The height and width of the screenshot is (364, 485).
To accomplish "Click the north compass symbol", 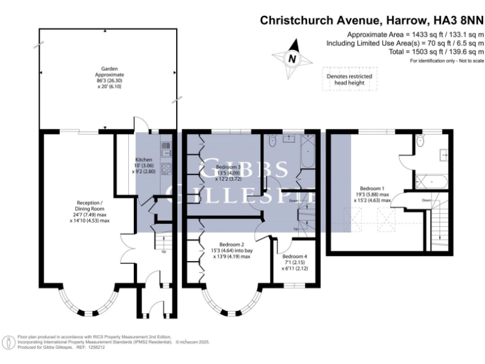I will point(292,58).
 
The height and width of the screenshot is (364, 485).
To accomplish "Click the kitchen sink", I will point(167,149).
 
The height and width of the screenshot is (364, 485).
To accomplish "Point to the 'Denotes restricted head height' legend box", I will point(349,79).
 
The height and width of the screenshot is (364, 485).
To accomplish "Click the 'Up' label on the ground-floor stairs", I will point(165,252).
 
